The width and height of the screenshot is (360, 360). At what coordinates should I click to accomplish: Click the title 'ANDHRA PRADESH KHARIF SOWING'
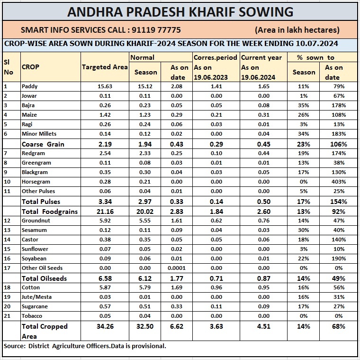pyautogui.click(x=180, y=12)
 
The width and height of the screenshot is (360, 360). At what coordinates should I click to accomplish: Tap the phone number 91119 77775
pyautogui.click(x=154, y=30)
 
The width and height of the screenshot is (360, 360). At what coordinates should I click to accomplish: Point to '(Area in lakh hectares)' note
pyautogui.click(x=297, y=30)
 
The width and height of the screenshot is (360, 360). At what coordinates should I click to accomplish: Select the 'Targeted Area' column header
pyautogui.click(x=105, y=67)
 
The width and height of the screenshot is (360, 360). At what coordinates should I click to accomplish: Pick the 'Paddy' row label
pyautogui.click(x=29, y=86)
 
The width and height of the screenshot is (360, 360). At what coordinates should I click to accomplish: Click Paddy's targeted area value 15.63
pyautogui.click(x=104, y=86)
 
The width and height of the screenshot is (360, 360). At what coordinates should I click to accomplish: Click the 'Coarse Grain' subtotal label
pyautogui.click(x=43, y=144)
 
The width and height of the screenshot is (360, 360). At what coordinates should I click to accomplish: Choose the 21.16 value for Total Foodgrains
pyautogui.click(x=104, y=211)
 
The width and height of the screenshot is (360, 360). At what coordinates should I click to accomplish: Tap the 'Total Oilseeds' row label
pyautogui.click(x=44, y=278)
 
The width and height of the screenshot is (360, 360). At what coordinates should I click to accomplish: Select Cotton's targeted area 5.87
pyautogui.click(x=104, y=287)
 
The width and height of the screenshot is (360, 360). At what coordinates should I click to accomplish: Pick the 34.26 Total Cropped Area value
pyautogui.click(x=104, y=326)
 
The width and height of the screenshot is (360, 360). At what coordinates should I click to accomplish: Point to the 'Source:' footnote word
pyautogui.click(x=14, y=346)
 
